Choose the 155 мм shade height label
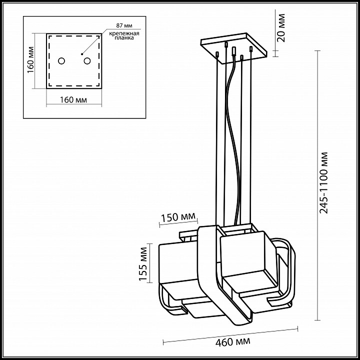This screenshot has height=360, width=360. tap(144, 265)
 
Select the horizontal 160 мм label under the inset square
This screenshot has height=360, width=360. tap(73, 99)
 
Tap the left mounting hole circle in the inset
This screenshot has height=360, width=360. tap(61, 61)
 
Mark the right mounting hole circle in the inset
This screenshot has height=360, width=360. tap(87, 61)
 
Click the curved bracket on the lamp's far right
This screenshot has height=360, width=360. tap(290, 275)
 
